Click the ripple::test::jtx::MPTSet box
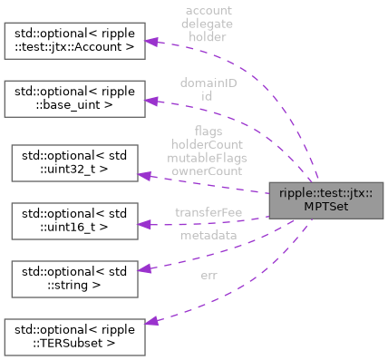point(325,198)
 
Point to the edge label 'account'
point(207,10)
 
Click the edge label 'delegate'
point(207,24)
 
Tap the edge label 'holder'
point(207,37)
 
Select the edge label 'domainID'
point(207,82)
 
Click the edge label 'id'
point(207,94)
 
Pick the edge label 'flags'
point(208,131)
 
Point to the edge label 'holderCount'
point(208,143)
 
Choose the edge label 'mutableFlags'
point(208,156)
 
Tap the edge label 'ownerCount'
point(208,169)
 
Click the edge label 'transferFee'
point(208,212)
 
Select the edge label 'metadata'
point(208,235)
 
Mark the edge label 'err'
point(208,276)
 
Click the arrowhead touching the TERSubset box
point(154,322)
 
